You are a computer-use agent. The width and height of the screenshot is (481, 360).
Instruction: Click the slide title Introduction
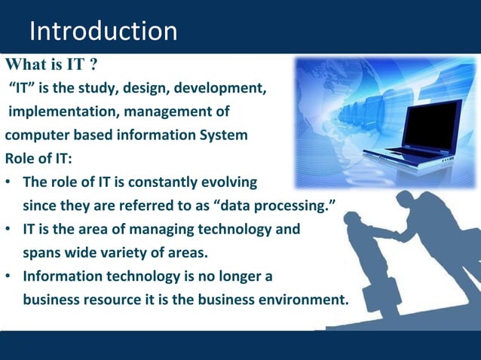click(103, 32)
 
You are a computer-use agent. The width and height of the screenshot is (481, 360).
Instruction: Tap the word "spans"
click(42, 252)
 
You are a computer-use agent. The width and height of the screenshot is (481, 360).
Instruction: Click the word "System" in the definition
click(222, 136)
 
